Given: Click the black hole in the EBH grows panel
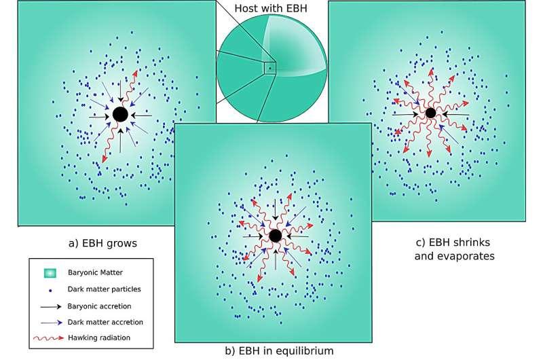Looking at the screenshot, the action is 121,114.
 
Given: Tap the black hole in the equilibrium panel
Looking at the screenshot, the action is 276,236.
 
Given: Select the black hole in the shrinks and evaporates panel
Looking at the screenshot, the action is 430,113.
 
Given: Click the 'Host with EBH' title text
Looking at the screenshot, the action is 271,8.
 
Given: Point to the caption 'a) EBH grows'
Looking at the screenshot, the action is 103,243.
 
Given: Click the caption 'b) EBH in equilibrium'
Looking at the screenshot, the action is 279,350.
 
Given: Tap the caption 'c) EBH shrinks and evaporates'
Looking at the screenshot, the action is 454,249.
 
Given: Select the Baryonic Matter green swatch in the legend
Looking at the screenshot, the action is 50,273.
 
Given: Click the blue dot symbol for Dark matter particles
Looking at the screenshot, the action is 50,291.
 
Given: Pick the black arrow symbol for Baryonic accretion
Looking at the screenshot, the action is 51,306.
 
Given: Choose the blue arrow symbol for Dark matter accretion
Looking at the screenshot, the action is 52,323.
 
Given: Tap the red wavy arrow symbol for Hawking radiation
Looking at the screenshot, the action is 49,338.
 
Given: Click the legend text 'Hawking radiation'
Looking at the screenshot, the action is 99,338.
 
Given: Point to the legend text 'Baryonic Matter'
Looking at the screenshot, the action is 95,272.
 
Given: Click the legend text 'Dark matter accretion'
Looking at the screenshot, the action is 105,322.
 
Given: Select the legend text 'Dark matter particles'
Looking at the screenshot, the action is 105,289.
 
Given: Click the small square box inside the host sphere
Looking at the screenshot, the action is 269,68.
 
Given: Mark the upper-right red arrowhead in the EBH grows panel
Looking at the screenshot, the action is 135,74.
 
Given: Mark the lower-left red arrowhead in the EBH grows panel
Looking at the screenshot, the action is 104,159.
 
